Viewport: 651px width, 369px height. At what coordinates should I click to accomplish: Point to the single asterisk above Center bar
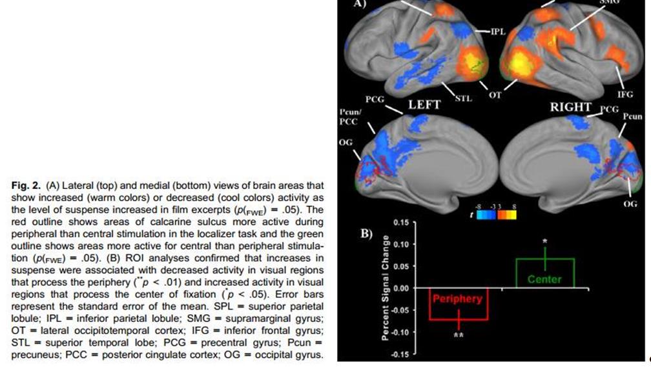pyautogui.click(x=545, y=242)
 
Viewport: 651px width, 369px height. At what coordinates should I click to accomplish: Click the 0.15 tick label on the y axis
pyautogui.click(x=402, y=223)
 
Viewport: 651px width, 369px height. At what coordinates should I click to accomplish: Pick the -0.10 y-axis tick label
pyautogui.click(x=400, y=332)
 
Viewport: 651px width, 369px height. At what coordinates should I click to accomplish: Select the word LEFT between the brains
pyautogui.click(x=423, y=104)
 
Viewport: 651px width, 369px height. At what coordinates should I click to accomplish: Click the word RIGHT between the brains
pyautogui.click(x=570, y=106)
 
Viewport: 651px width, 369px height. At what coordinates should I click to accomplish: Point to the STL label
pyautogui.click(x=463, y=99)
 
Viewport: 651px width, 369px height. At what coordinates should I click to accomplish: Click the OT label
pyautogui.click(x=495, y=95)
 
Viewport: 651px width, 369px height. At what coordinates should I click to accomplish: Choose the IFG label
pyautogui.click(x=625, y=94)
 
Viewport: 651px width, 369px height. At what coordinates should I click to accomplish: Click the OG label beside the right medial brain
pyautogui.click(x=630, y=204)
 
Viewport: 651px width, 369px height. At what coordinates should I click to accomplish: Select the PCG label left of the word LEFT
pyautogui.click(x=375, y=100)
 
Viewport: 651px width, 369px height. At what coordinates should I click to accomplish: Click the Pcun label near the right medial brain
pyautogui.click(x=633, y=117)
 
